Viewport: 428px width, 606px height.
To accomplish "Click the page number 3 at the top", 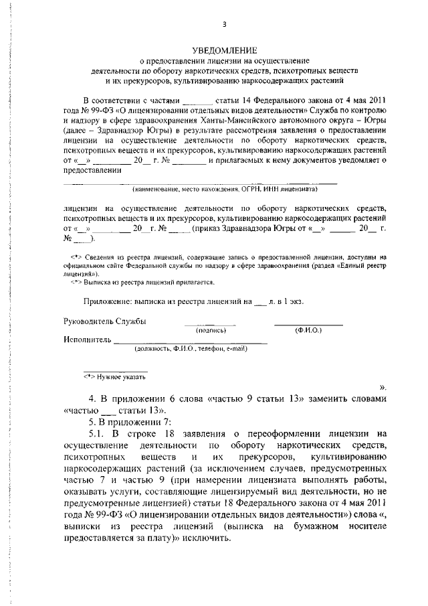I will pyautogui.click(x=225, y=25).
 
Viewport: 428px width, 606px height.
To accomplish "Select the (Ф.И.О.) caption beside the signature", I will pyautogui.click(x=308, y=330).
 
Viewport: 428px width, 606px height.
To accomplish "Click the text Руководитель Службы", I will pyautogui.click(x=104, y=321).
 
